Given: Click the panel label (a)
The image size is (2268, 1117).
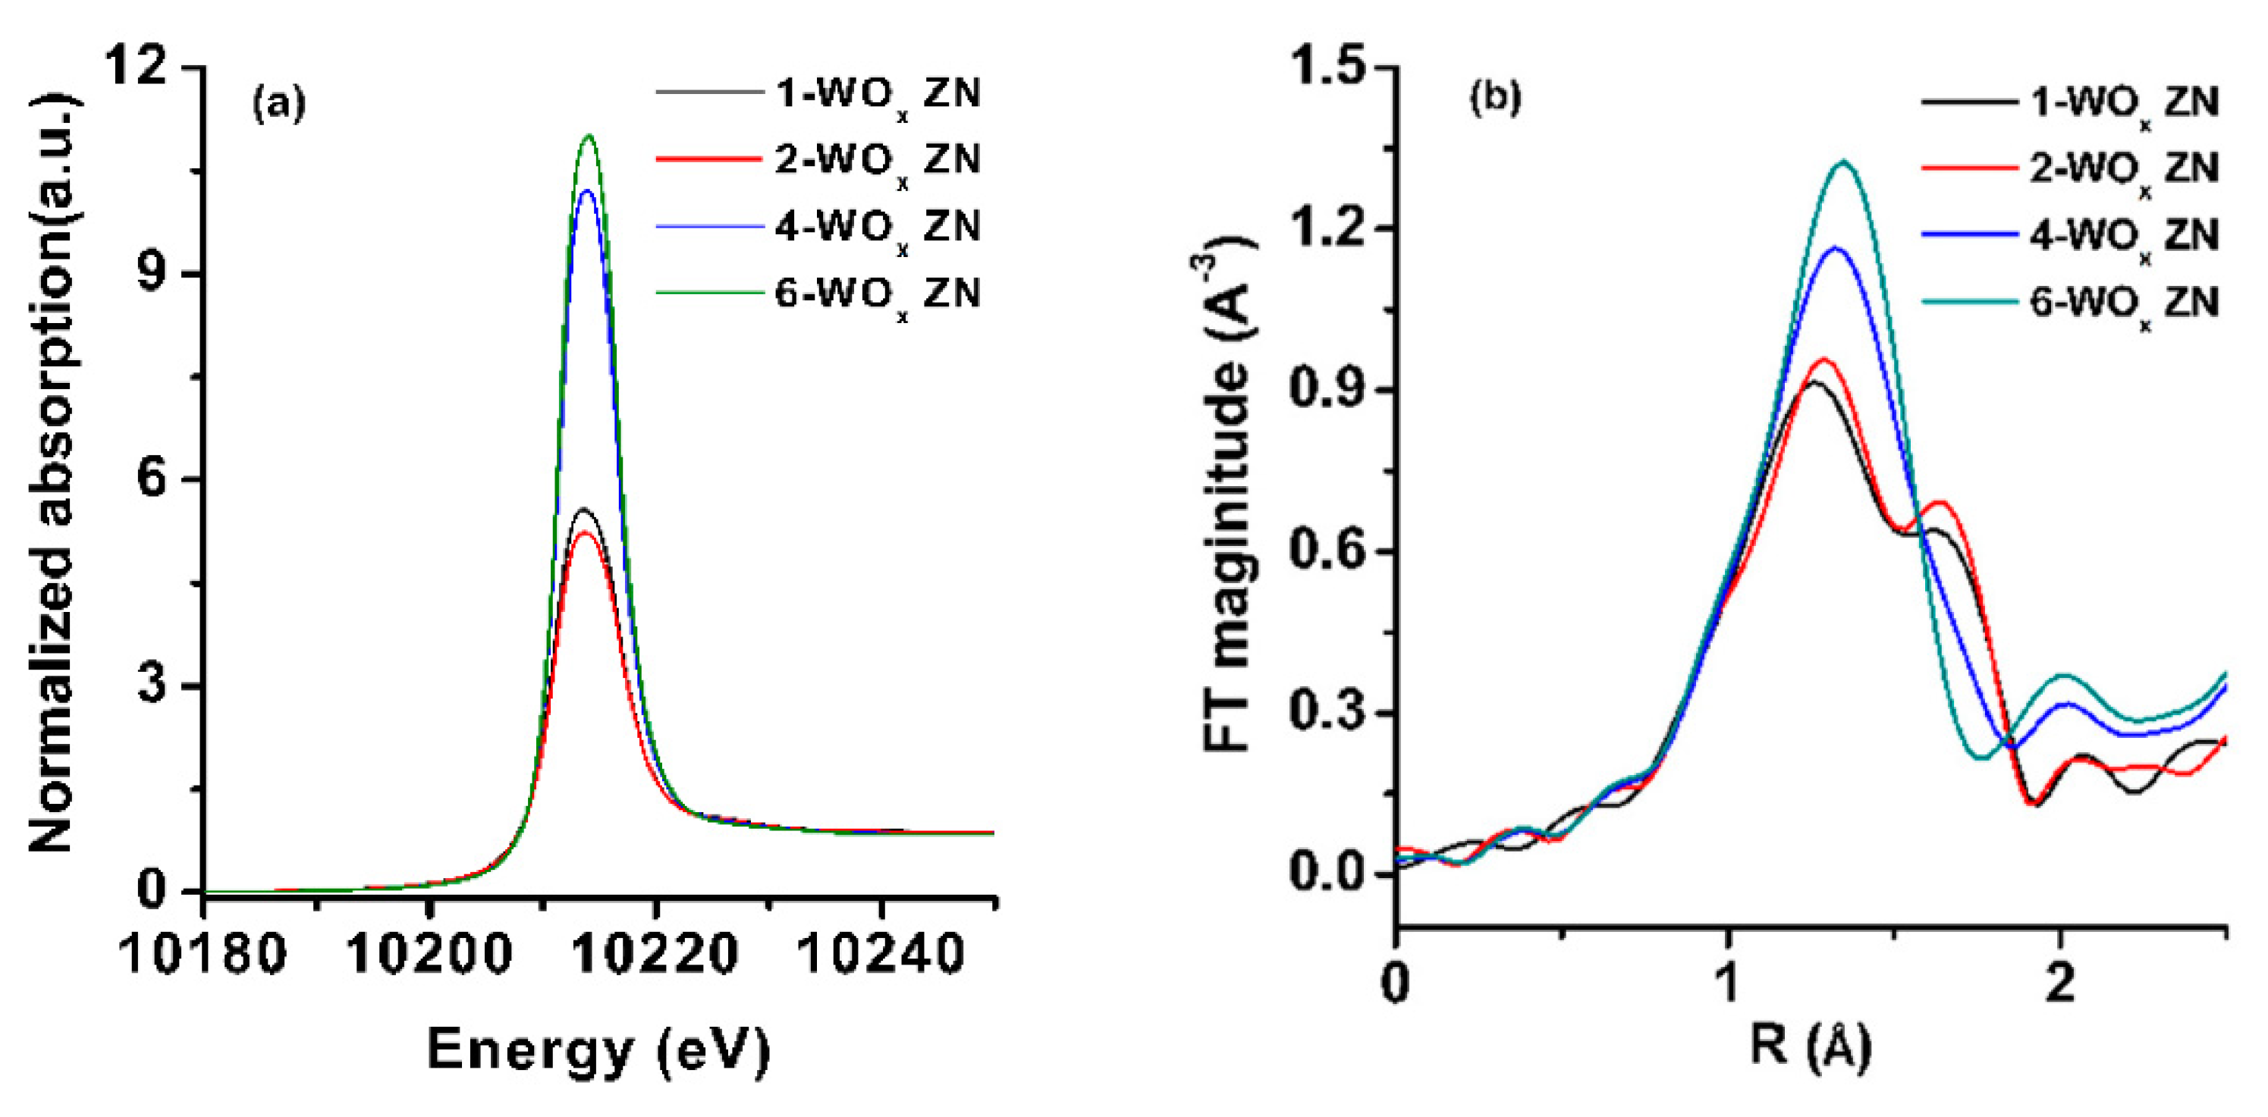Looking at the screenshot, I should (x=279, y=105).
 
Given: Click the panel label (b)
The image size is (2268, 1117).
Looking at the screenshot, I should (x=1495, y=98).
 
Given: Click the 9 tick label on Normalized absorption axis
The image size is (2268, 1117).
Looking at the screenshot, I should (x=154, y=274).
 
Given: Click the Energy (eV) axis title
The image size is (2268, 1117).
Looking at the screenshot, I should (x=598, y=1050).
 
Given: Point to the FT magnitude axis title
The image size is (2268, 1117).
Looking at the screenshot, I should (x=1228, y=502).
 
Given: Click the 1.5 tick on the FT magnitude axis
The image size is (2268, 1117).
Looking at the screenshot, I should (x=1330, y=67).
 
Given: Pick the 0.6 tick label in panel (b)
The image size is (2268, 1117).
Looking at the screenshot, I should (x=1330, y=551).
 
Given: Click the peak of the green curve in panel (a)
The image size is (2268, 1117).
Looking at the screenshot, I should (x=589, y=136).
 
